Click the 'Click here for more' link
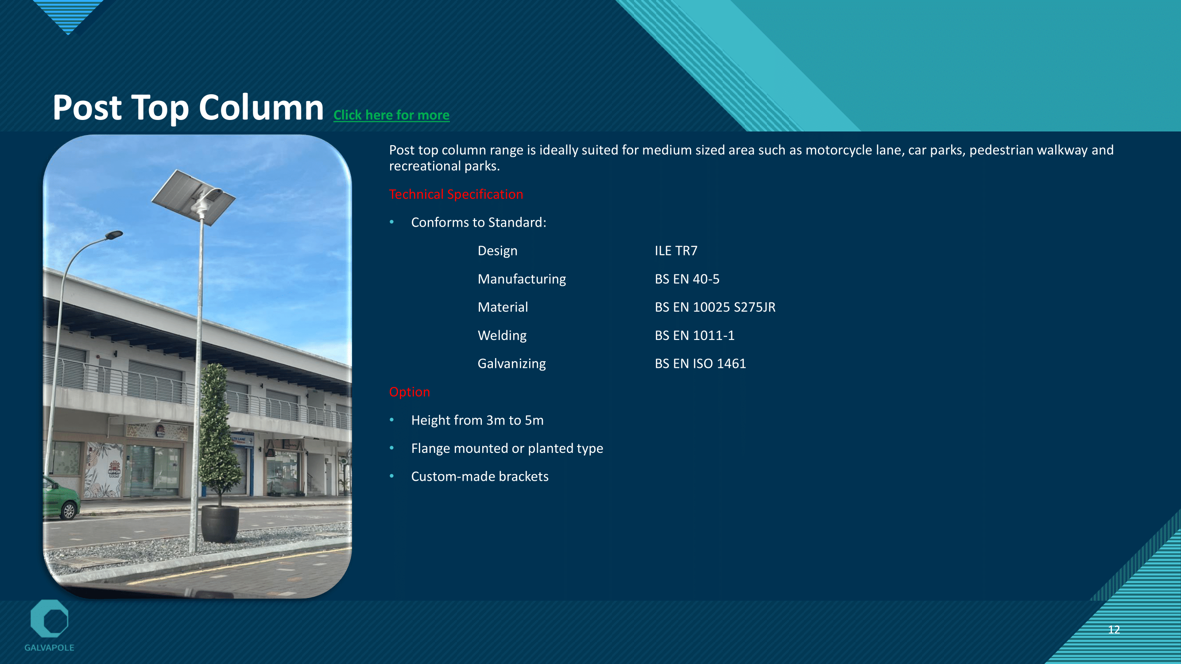(x=391, y=115)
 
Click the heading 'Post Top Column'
(x=188, y=108)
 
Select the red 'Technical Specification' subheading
(x=456, y=194)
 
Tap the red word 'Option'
(x=410, y=392)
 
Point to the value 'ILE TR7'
(x=676, y=251)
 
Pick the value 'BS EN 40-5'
(x=687, y=279)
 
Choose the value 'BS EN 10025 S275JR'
(x=715, y=307)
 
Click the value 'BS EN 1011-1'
(x=694, y=336)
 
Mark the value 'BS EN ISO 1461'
(x=700, y=363)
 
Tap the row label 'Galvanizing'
(x=511, y=364)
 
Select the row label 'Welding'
(x=502, y=336)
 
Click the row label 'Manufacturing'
(x=522, y=279)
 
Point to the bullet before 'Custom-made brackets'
(x=391, y=476)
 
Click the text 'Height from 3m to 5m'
(x=477, y=420)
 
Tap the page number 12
(x=1114, y=629)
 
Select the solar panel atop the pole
(x=194, y=197)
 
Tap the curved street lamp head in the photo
(x=114, y=235)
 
